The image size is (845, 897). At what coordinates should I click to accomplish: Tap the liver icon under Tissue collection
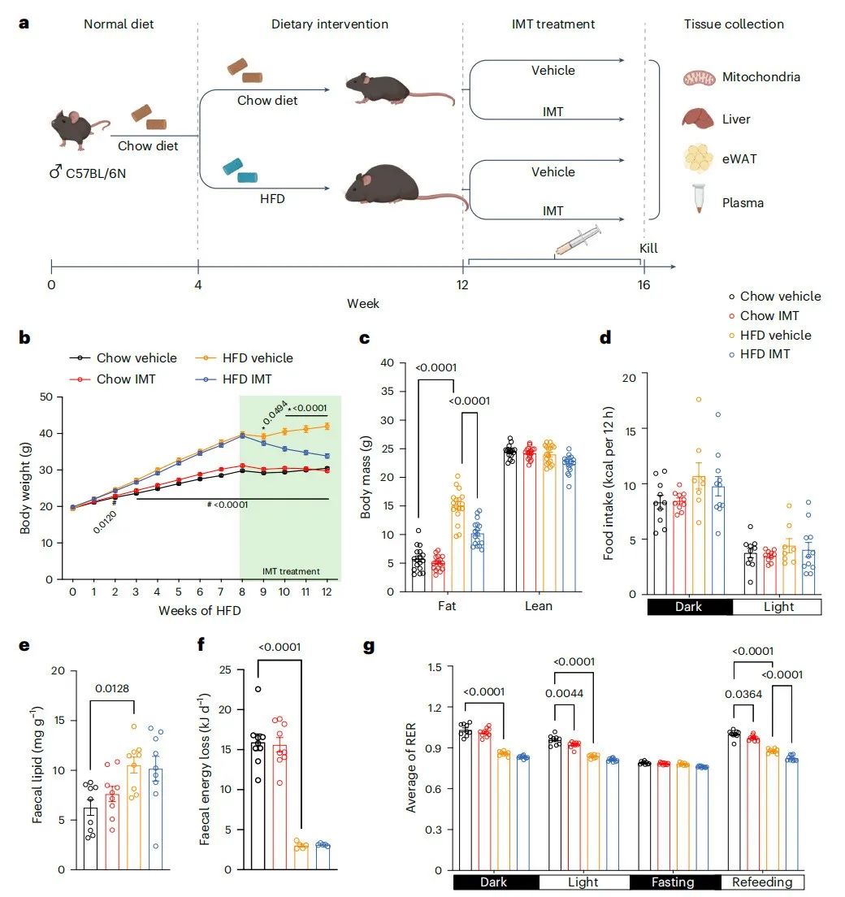(697, 119)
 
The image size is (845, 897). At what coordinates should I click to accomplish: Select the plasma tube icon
(697, 199)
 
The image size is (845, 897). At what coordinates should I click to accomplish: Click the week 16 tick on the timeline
(643, 264)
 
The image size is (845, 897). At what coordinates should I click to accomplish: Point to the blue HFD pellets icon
(240, 171)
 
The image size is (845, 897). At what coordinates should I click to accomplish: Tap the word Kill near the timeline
(648, 248)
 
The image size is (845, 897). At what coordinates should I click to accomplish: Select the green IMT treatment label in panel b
(291, 570)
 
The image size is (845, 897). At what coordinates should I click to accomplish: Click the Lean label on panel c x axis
(538, 605)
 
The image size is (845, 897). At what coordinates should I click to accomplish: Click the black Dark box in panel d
(689, 607)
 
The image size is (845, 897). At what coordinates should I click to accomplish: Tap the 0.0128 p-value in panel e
(110, 689)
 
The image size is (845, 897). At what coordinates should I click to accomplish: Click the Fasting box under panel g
(673, 882)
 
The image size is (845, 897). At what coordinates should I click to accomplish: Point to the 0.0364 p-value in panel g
(743, 695)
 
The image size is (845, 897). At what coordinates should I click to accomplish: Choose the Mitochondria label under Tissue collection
(761, 77)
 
